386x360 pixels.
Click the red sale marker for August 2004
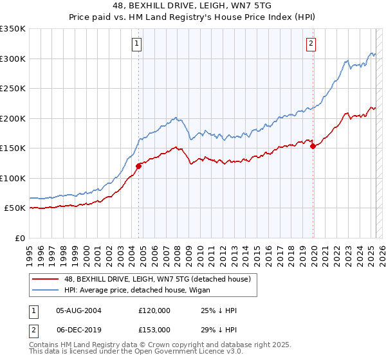tap(138, 166)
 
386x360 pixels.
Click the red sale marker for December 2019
tap(313, 147)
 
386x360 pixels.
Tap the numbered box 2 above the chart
tap(311, 44)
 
